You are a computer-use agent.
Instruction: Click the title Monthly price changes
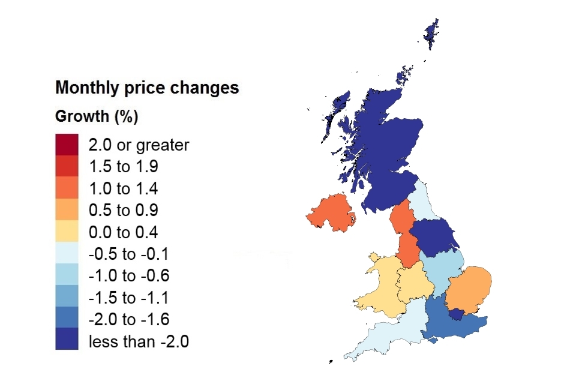pos(147,88)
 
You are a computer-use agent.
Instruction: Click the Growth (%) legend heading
pos(97,116)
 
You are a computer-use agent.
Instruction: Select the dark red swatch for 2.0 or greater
pos(67,145)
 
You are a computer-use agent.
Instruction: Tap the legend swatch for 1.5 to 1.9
pos(67,167)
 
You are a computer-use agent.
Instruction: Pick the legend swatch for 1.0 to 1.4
pos(67,188)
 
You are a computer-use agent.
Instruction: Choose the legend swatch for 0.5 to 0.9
pos(67,211)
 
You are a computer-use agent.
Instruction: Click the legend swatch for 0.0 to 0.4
pos(67,232)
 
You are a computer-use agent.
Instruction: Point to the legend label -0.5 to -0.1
pos(129,254)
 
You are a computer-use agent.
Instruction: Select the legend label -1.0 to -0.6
pos(129,276)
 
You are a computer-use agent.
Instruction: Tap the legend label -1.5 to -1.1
pos(129,298)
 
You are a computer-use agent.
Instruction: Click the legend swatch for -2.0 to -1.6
pos(67,320)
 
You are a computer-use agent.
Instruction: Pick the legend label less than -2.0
pos(139,342)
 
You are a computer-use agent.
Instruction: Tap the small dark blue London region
pos(458,313)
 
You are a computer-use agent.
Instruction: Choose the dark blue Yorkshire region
pos(434,236)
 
